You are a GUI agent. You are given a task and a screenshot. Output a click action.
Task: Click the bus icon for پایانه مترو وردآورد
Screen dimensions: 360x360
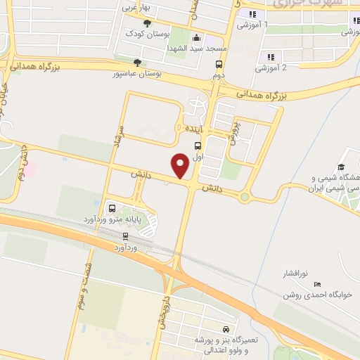click(x=111, y=207)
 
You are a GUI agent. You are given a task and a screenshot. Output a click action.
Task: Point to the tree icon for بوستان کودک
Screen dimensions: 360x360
click(x=146, y=25)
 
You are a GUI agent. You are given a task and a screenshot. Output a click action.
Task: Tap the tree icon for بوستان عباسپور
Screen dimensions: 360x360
click(x=127, y=62)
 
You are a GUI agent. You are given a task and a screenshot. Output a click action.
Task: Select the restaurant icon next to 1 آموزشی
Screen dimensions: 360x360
click(x=251, y=15)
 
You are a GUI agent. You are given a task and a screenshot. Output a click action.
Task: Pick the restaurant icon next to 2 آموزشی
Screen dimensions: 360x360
click(x=270, y=57)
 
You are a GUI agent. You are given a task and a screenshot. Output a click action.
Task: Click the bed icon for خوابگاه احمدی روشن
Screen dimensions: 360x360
click(x=317, y=284)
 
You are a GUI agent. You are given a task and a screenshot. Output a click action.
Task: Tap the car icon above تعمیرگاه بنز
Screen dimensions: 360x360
click(x=225, y=329)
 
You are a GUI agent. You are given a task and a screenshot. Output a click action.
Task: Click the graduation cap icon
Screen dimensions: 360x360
click(x=341, y=167)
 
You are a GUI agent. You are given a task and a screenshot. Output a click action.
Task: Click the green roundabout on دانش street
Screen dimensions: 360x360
click(x=244, y=197)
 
